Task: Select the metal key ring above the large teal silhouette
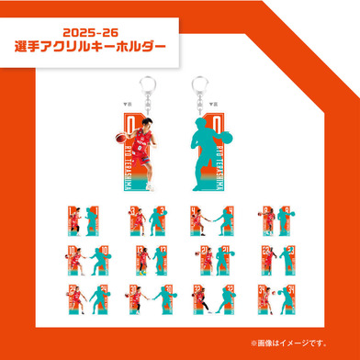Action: [200, 82]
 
